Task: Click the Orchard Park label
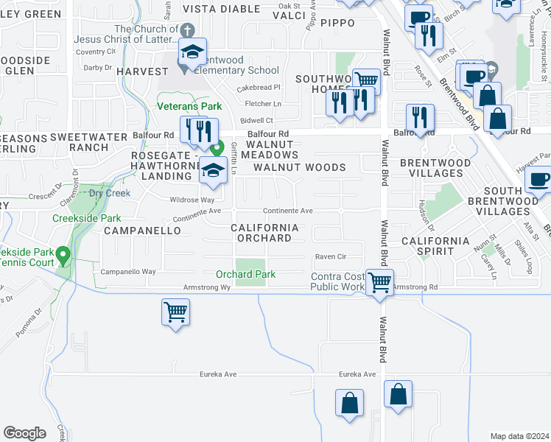[x=245, y=275]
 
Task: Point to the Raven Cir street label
[x=331, y=256]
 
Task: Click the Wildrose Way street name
[x=192, y=200]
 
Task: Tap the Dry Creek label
[x=110, y=193]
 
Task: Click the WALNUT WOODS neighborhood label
[x=299, y=167]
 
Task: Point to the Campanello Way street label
[x=128, y=271]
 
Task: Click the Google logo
[x=24, y=432]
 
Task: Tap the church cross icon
[x=187, y=30]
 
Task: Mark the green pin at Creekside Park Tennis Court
[x=64, y=256]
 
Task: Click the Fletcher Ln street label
[x=263, y=104]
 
